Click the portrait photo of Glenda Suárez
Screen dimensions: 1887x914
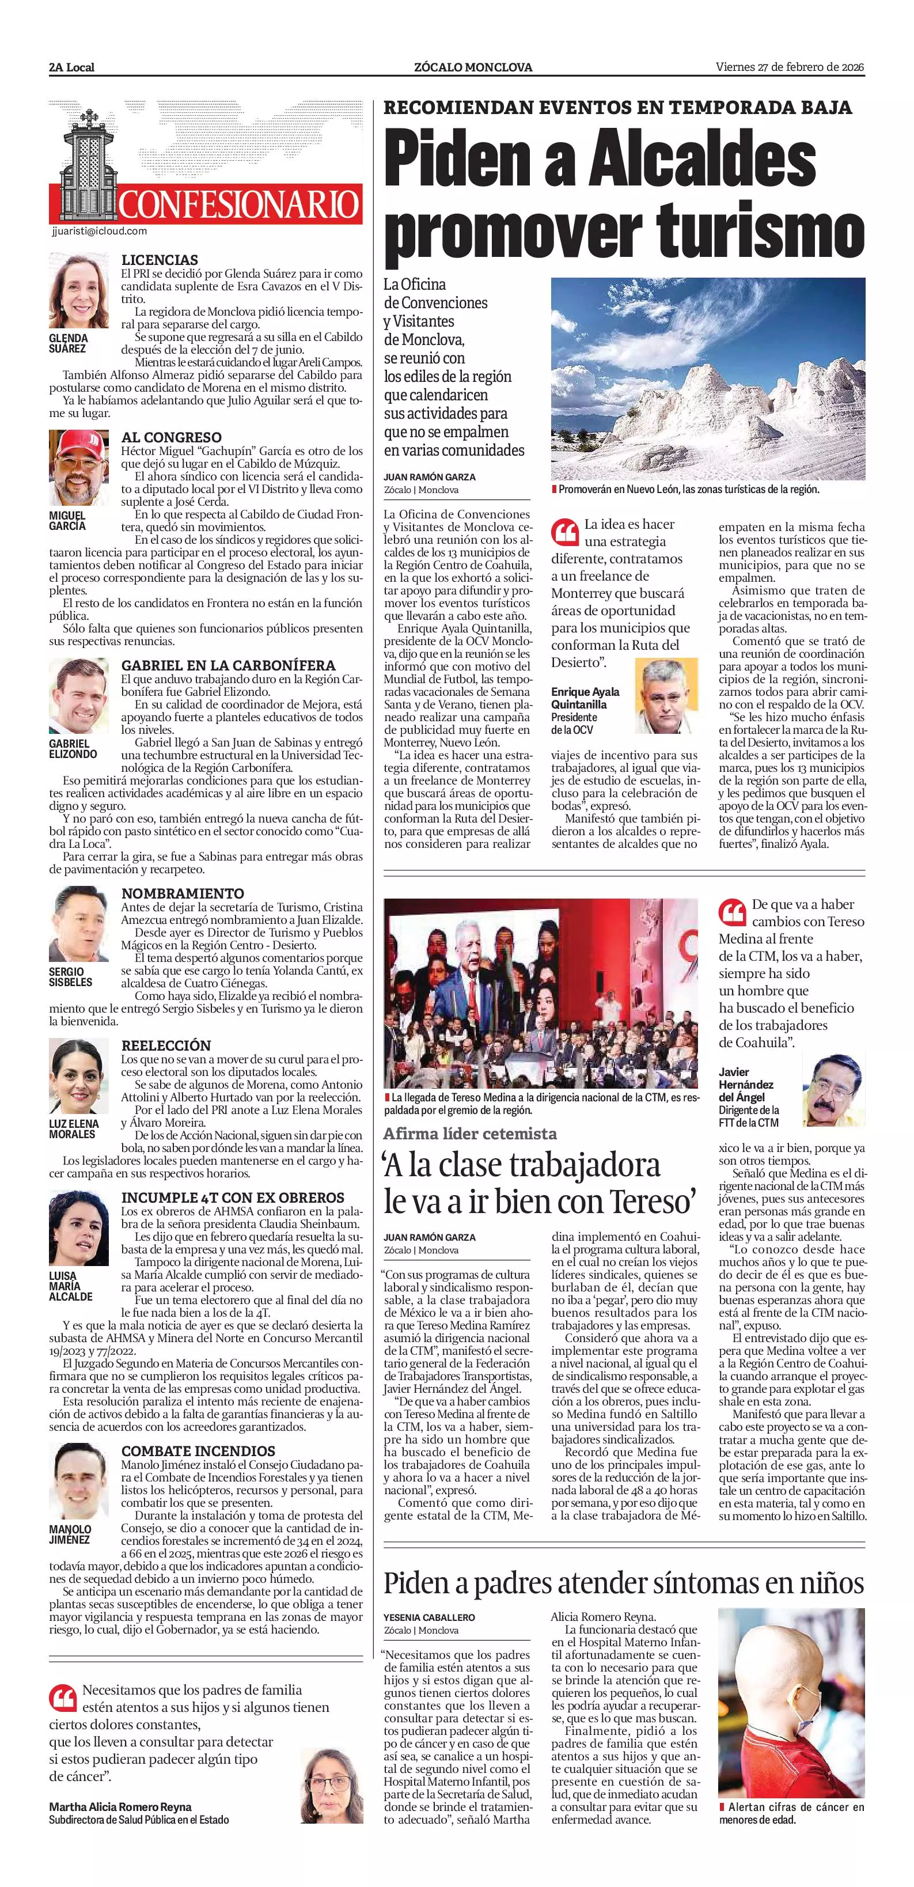click(79, 291)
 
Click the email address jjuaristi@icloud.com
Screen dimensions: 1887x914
click(100, 231)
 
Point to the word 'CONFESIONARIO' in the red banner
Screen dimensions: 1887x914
click(240, 204)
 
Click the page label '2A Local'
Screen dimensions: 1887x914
click(72, 67)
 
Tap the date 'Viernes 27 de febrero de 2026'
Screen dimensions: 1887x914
click(790, 67)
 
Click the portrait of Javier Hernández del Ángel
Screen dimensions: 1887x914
click(833, 1089)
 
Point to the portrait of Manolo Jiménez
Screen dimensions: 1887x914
click(79, 1482)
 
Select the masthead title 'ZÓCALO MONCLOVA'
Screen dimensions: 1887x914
click(473, 67)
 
